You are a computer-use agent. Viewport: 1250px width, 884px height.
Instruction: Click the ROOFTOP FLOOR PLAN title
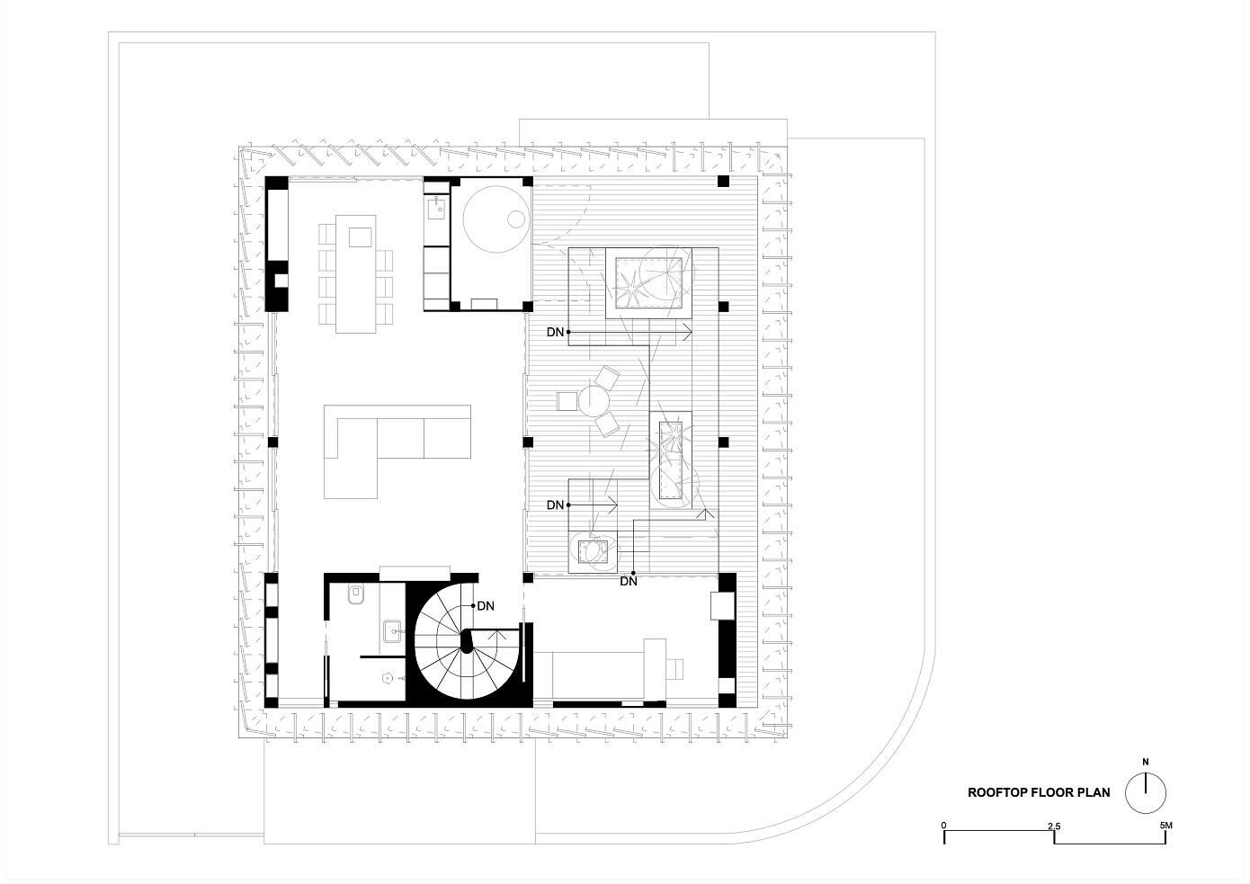[1039, 792]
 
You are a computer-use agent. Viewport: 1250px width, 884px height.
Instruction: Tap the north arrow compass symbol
[1146, 793]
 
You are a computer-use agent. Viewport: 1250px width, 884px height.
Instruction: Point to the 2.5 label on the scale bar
[1054, 826]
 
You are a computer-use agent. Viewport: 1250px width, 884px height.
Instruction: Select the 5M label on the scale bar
[1165, 825]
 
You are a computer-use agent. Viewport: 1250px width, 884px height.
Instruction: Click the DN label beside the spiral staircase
[486, 606]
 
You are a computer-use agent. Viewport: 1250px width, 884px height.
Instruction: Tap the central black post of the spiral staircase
[466, 642]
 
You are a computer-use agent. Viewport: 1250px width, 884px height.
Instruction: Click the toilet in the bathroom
[355, 595]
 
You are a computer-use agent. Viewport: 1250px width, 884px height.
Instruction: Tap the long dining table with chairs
[355, 274]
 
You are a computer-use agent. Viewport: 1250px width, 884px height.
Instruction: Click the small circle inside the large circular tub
[516, 219]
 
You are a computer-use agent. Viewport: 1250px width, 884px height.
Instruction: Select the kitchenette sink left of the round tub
[436, 209]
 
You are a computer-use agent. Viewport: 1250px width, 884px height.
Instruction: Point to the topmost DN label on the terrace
[555, 332]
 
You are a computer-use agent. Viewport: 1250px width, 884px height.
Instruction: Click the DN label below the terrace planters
[629, 582]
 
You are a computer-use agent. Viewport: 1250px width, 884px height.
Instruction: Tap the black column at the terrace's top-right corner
[723, 181]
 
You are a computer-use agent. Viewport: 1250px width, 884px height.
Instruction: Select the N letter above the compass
[1146, 762]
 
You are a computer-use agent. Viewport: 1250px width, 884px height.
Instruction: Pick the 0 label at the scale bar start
[943, 826]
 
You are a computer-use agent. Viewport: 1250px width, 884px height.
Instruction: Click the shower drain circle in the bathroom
[385, 677]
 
